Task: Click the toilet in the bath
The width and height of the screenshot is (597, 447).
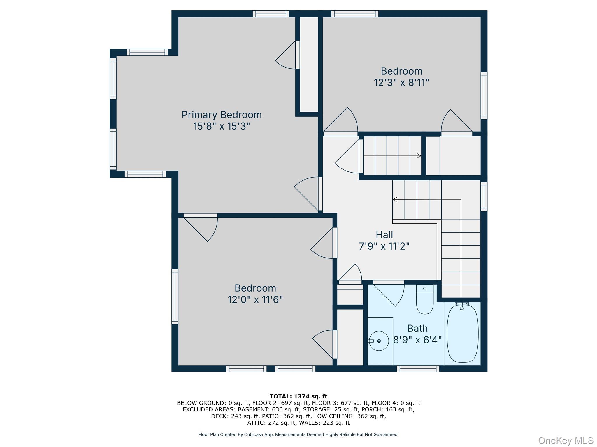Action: (x=425, y=300)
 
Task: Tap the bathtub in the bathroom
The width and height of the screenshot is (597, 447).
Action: (x=463, y=334)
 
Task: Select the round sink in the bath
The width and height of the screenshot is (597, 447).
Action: (x=379, y=341)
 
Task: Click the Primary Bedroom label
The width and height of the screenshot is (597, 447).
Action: (x=222, y=115)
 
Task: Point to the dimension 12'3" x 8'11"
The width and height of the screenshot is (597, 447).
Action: (x=401, y=83)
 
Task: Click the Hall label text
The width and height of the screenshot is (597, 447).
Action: (x=384, y=235)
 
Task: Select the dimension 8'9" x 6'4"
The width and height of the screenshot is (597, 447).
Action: (x=417, y=340)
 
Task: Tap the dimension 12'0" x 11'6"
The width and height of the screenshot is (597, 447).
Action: (x=255, y=299)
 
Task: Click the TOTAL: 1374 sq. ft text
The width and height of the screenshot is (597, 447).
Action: (x=298, y=396)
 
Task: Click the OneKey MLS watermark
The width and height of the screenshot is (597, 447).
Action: (x=566, y=441)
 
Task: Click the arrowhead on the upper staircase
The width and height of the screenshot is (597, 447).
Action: (x=419, y=156)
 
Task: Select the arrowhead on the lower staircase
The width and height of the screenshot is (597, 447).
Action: (x=395, y=200)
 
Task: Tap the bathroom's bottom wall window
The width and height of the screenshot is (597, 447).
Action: (x=418, y=369)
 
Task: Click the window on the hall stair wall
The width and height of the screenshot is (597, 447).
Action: (x=484, y=196)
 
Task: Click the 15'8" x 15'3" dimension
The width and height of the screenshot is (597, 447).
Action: (x=222, y=126)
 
